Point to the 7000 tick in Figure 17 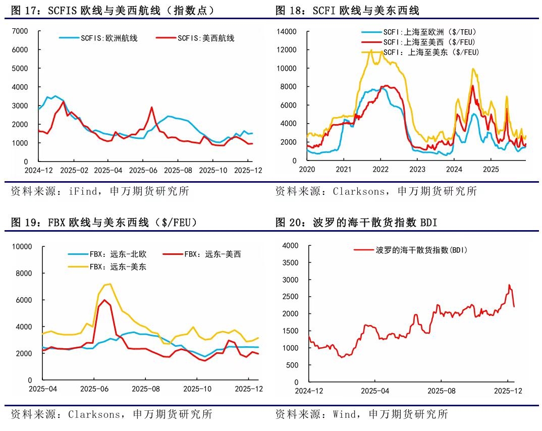pyautogui.click(x=20, y=31)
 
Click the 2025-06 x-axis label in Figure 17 pyautogui.click(x=144, y=171)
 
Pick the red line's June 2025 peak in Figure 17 pyautogui.click(x=151, y=107)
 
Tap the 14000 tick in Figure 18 pyautogui.click(x=287, y=31)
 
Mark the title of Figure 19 pyautogui.click(x=104, y=222)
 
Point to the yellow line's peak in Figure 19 pyautogui.click(x=110, y=284)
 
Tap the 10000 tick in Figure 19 pyautogui.click(x=22, y=247)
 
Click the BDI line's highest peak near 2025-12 pyautogui.click(x=509, y=285)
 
